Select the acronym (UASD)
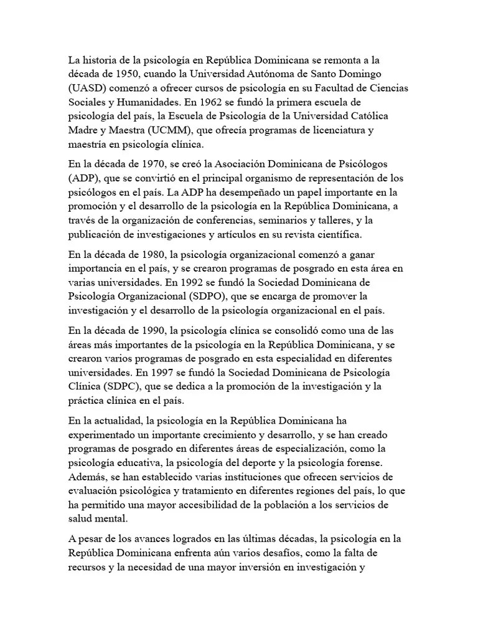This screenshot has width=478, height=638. click(88, 88)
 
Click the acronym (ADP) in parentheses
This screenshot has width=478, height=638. click(85, 179)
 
